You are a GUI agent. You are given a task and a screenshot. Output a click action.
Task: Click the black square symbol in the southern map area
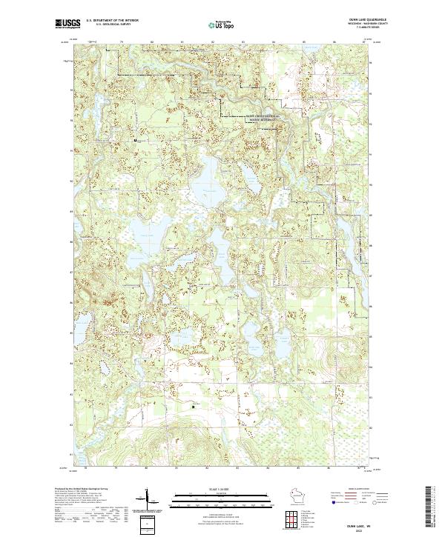[194, 405]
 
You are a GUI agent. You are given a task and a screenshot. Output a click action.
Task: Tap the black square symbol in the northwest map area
[135, 139]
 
